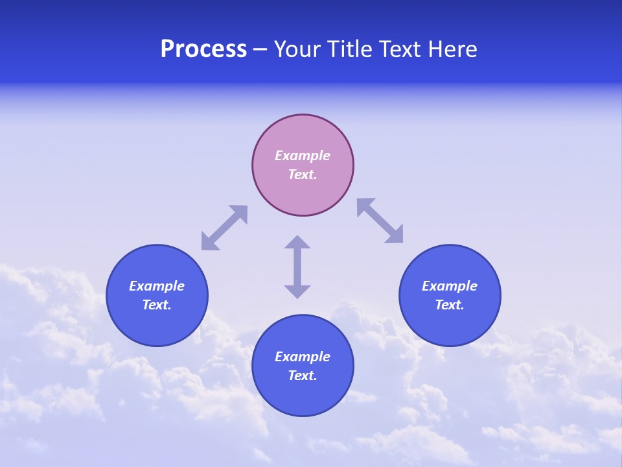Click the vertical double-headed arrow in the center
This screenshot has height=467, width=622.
[x=297, y=267]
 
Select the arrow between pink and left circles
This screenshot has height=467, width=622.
[x=224, y=228]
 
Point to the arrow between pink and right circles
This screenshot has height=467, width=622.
[x=380, y=221]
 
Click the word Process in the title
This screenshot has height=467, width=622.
[x=203, y=49]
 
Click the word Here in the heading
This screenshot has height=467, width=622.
[x=453, y=49]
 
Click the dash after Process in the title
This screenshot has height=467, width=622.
[x=260, y=50]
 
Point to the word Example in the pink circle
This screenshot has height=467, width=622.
[x=303, y=156]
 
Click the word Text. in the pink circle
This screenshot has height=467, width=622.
[x=303, y=174]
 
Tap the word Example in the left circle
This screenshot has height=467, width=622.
[x=157, y=286]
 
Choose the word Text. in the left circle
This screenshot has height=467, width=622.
[x=157, y=305]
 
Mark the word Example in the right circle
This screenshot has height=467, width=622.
[x=450, y=286]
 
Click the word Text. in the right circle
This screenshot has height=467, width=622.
[x=450, y=305]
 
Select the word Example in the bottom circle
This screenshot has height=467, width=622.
[x=303, y=357]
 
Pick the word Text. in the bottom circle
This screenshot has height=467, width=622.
[x=303, y=376]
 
